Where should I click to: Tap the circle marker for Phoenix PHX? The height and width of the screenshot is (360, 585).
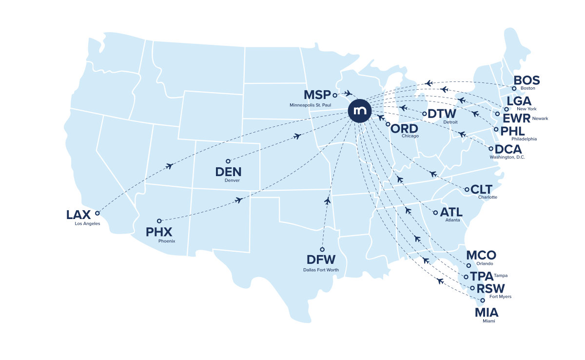pos(159,220)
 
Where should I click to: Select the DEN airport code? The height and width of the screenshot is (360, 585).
pos(229,172)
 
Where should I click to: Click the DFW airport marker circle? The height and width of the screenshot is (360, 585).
pos(322,249)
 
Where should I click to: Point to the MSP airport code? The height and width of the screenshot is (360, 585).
pos(317,95)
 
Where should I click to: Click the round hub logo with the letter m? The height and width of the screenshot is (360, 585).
pos(360,111)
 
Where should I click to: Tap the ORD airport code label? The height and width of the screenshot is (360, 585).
pos(405,129)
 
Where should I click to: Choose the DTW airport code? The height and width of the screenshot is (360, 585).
pos(442,114)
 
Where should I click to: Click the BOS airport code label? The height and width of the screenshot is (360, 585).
pos(527,80)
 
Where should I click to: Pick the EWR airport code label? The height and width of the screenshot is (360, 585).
pos(516,119)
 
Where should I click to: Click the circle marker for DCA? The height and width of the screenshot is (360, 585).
pos(491,148)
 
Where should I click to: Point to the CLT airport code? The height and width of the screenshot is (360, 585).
pos(482,189)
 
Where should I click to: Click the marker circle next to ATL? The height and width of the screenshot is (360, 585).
pos(435,212)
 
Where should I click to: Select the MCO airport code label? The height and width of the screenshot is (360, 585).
pos(481,255)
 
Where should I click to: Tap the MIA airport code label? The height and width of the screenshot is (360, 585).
pos(487,313)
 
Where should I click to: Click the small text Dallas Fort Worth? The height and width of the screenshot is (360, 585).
pos(320,270)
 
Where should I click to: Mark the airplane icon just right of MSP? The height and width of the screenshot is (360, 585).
pos(348,93)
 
